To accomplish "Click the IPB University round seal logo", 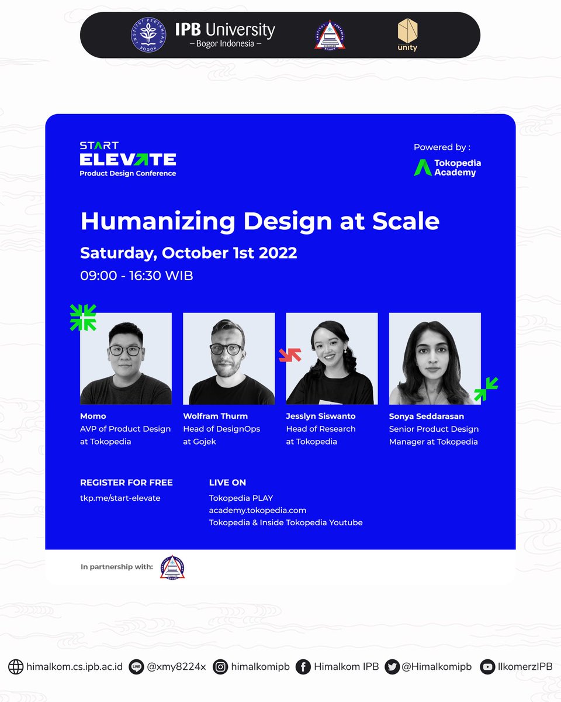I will [148, 35].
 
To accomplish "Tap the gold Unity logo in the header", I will [407, 35].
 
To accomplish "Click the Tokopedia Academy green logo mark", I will [423, 167].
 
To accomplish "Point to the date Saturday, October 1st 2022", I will [188, 253].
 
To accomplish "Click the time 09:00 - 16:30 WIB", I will [136, 275].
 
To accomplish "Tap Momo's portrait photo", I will [126, 359].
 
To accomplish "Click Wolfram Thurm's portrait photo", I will [228, 359].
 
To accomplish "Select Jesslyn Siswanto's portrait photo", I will [331, 359].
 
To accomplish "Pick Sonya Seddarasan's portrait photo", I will [435, 359].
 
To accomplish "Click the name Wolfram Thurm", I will [215, 416].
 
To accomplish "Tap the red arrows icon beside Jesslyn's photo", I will [290, 355].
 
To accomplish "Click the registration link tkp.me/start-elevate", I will [120, 498].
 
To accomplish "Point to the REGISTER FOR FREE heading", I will [126, 483].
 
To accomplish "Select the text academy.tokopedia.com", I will [257, 510].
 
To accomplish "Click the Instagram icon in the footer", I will [220, 667].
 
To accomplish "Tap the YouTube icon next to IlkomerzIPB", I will [487, 667].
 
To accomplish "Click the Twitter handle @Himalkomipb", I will [436, 667].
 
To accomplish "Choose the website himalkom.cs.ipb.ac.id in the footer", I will [74, 667].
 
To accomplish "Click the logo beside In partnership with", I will [172, 567].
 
